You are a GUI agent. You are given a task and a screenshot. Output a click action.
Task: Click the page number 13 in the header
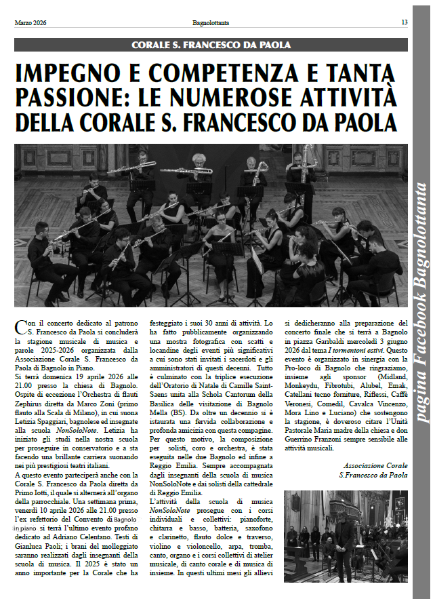coord(404,22)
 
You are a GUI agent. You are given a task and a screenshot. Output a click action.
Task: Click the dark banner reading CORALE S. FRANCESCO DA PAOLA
coord(211,45)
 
